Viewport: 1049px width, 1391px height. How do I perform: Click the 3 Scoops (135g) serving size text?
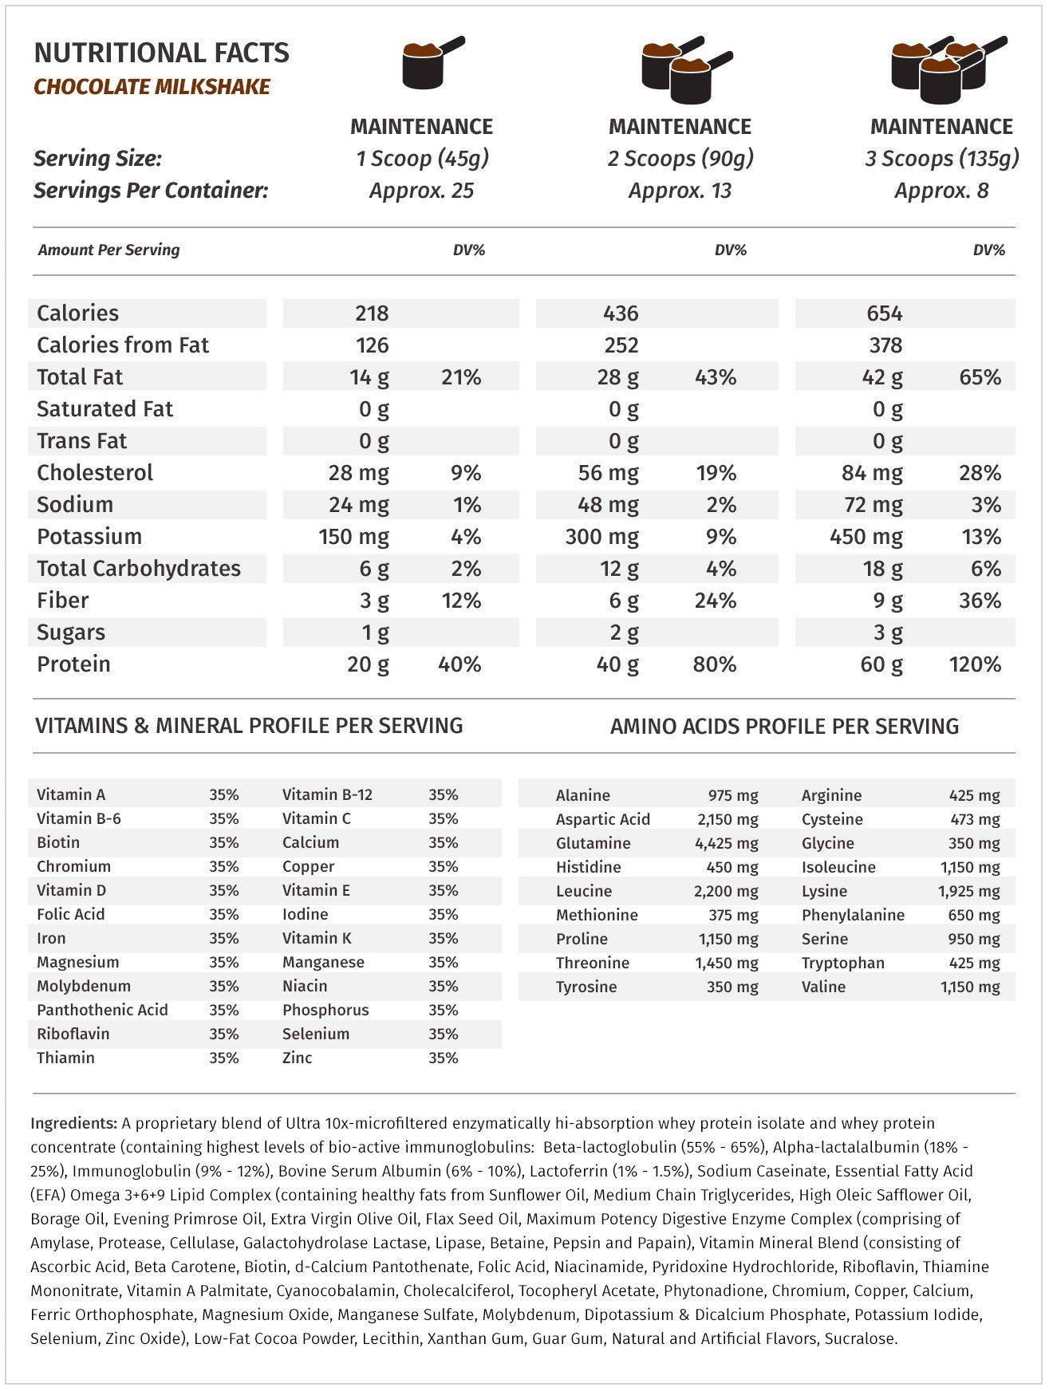click(941, 159)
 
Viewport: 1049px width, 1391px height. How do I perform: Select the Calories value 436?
click(621, 313)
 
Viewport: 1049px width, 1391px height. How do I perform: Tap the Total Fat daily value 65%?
click(980, 377)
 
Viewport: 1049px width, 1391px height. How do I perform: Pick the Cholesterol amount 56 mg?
click(608, 473)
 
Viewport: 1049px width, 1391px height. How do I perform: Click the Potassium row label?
click(89, 537)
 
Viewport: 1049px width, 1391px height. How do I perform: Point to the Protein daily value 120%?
click(975, 664)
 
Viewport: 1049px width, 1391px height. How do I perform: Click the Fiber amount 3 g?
click(374, 601)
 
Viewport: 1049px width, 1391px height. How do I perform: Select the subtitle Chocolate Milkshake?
click(152, 87)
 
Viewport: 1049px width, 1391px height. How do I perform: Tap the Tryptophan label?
click(842, 963)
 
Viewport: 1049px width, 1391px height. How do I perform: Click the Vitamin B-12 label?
click(327, 794)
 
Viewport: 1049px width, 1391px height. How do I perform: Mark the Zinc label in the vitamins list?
click(297, 1058)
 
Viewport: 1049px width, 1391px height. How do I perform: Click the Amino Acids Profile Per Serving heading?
click(784, 727)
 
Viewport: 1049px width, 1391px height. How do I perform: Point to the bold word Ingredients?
click(73, 1123)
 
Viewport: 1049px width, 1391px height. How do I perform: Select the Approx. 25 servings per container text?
click(421, 191)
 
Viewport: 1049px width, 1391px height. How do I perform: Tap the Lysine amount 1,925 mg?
click(968, 891)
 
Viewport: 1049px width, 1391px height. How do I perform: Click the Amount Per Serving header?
click(108, 250)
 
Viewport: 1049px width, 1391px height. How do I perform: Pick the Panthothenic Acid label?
click(102, 1010)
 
